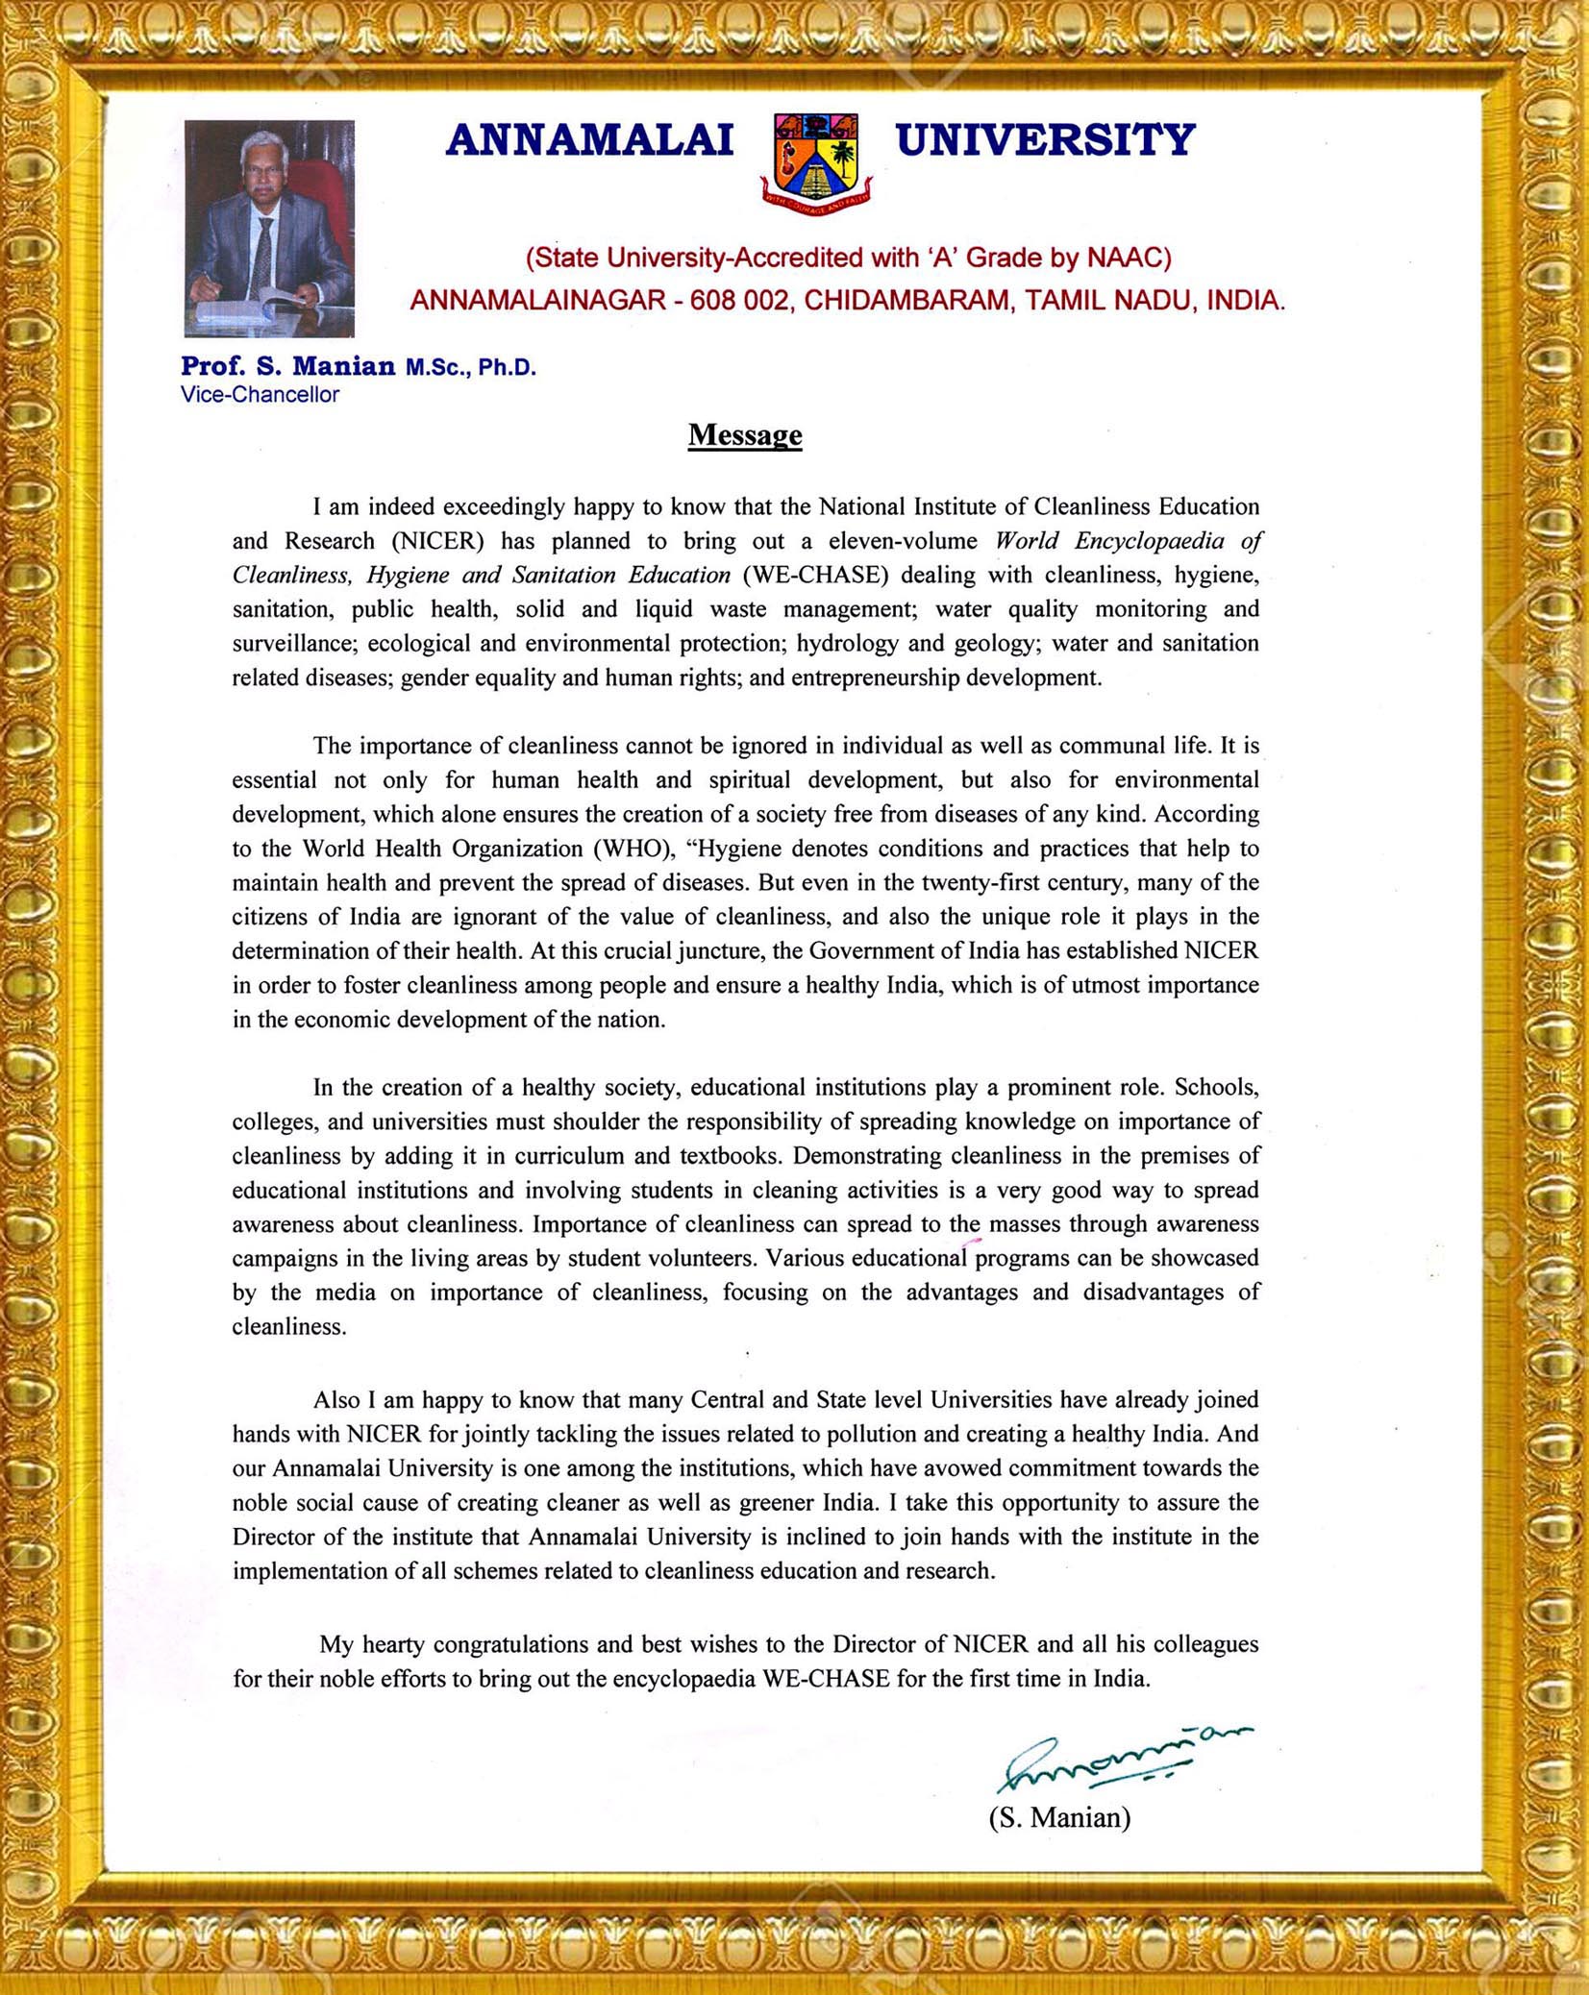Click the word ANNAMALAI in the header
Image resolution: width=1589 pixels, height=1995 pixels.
[x=589, y=140]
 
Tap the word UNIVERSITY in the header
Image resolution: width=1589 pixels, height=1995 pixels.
[x=1045, y=140]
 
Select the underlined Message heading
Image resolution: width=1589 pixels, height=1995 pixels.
[x=745, y=435]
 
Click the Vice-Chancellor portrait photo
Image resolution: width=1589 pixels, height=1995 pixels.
[x=269, y=228]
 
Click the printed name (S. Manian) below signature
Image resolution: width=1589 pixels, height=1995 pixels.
[x=1059, y=1818]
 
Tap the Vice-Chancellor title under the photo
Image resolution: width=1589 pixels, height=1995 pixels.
[x=260, y=395]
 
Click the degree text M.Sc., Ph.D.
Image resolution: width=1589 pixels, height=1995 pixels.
[x=470, y=367]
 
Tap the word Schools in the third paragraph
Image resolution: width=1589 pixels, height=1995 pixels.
[x=1216, y=1087]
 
